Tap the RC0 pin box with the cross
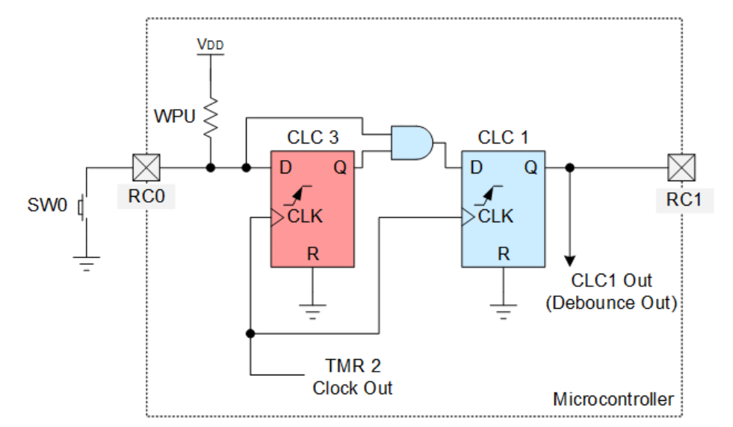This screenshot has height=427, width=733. (x=146, y=168)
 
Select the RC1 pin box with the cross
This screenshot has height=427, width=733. (x=681, y=168)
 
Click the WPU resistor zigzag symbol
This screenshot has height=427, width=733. (x=211, y=117)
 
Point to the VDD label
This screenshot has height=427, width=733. (x=211, y=44)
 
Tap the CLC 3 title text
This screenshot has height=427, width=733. (x=312, y=138)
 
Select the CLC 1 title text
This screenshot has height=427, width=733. (x=503, y=138)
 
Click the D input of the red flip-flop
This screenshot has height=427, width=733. (x=285, y=168)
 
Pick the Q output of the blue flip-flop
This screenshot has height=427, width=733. (x=531, y=168)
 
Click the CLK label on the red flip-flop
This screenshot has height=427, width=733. (x=305, y=217)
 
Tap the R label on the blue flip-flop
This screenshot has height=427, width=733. (x=504, y=254)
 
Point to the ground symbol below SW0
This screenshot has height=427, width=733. (x=87, y=263)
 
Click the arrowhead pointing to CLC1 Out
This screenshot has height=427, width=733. (x=569, y=261)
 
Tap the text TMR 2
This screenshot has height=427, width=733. (x=353, y=366)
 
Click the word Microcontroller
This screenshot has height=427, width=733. (x=613, y=399)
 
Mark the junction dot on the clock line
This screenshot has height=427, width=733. (x=250, y=334)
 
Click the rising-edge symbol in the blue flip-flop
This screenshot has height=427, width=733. (x=488, y=195)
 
